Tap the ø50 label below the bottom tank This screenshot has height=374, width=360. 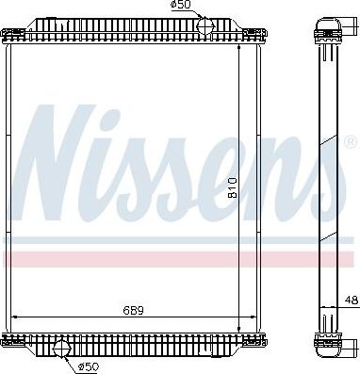[90, 366]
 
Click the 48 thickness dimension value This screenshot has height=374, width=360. [351, 301]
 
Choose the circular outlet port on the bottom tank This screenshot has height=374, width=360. [63, 350]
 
